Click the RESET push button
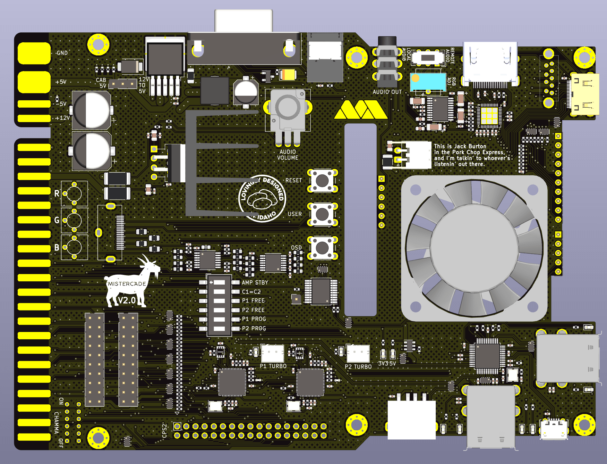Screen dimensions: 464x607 [322, 180]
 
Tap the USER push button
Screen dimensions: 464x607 [322, 214]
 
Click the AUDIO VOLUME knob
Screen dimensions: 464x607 [287, 107]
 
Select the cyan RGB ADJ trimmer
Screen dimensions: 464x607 [428, 82]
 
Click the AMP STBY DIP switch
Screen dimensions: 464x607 [219, 282]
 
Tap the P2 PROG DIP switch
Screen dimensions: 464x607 [219, 328]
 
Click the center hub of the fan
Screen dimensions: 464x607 [474, 247]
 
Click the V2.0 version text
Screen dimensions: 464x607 [127, 300]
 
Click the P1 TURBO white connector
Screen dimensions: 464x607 [272, 353]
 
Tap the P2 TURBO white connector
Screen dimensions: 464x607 [358, 353]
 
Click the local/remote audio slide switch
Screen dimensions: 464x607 [428, 58]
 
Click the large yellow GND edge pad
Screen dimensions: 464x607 [34, 53]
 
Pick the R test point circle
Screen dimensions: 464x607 [74, 194]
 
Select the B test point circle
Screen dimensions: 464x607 [74, 247]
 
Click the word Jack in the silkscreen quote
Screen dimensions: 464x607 [460, 146]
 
